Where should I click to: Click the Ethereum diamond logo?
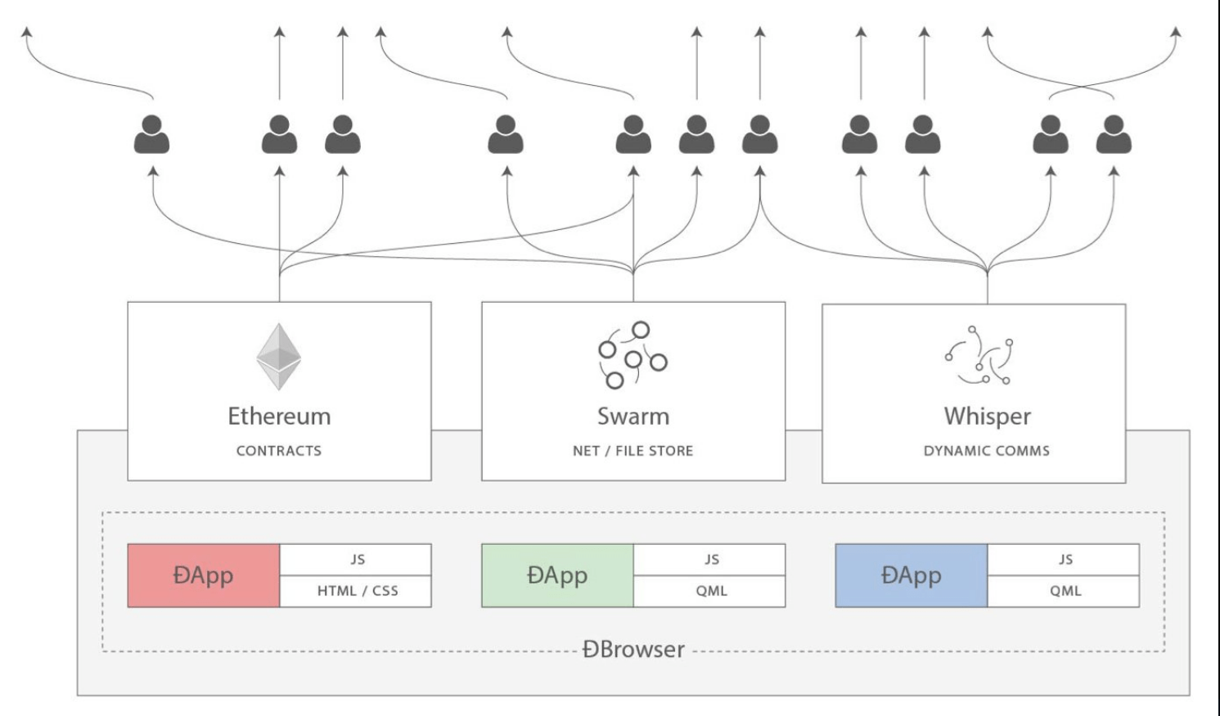click(x=279, y=357)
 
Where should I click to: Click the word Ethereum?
click(x=279, y=416)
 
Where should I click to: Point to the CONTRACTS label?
click(x=279, y=451)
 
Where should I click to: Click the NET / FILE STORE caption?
click(x=633, y=451)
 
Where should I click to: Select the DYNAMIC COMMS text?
click(x=986, y=451)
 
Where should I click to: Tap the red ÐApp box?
click(x=204, y=575)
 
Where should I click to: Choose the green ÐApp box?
click(x=557, y=575)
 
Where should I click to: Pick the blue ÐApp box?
click(x=911, y=575)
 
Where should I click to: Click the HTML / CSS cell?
click(x=356, y=591)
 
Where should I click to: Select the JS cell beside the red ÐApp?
click(x=356, y=560)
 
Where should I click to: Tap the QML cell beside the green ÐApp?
click(x=710, y=591)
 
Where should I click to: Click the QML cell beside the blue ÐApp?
click(x=1064, y=591)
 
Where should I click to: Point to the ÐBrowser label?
click(x=633, y=650)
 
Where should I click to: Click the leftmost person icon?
click(x=151, y=135)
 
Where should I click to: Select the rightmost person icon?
click(x=1114, y=135)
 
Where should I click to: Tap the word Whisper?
click(x=987, y=416)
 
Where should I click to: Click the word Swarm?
click(x=633, y=416)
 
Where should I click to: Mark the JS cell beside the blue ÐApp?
click(x=1064, y=560)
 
